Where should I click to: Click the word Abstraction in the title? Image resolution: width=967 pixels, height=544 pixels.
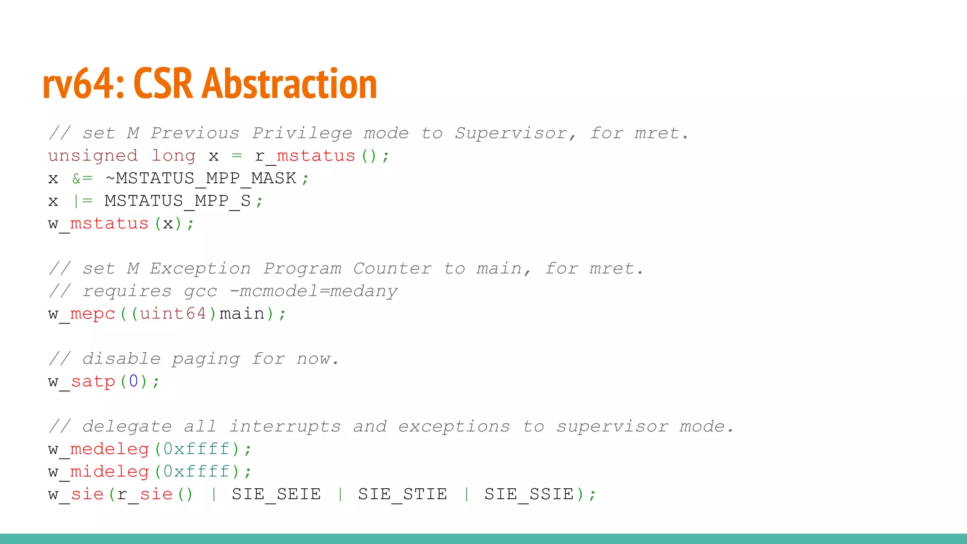coord(289,84)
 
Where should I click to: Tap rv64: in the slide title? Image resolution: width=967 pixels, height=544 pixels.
coord(83,84)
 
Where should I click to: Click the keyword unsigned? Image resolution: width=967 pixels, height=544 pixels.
coord(93,156)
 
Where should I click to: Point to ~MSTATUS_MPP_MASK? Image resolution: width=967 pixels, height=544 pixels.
coord(201,178)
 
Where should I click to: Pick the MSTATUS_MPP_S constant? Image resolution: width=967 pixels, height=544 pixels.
coord(178,201)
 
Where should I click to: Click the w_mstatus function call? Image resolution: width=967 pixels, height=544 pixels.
coord(98,223)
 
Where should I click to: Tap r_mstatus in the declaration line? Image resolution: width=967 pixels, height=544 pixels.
coord(305,156)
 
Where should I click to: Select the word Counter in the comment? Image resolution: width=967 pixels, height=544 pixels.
coord(392,269)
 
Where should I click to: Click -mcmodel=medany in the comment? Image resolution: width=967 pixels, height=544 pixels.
coord(314,291)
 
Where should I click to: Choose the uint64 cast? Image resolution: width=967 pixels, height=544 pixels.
coord(173,314)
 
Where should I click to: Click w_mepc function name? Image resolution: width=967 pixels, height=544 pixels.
coord(82,314)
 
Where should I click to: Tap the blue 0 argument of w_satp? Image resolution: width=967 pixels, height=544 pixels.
coord(134,381)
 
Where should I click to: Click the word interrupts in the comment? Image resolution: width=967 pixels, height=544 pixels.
coord(285,426)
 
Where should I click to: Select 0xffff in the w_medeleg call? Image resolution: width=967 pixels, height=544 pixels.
coord(196,449)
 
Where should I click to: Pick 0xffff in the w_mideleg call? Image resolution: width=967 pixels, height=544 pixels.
coord(196,471)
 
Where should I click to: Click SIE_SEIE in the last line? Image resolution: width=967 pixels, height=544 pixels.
coord(276,494)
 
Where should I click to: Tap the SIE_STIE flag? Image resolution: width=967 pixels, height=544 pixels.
coord(402,494)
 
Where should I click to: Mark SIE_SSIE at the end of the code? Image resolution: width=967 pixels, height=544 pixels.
coord(529,494)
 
